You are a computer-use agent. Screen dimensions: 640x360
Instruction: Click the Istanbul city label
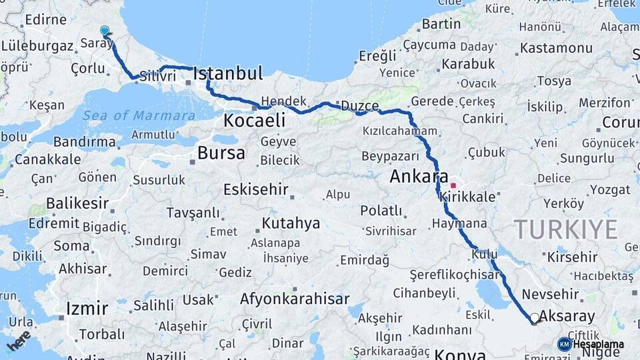tap(228, 73)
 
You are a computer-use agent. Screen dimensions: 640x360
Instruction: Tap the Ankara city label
tap(419, 177)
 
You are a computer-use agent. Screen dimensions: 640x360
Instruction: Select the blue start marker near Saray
tap(105, 31)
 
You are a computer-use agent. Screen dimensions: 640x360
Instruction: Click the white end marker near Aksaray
tap(535, 319)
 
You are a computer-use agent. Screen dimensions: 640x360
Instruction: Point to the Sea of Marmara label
tap(139, 115)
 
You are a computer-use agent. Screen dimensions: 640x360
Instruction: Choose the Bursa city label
tap(221, 153)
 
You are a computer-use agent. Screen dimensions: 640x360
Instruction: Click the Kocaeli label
tap(254, 121)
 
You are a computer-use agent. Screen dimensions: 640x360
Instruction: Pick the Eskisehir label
tap(255, 189)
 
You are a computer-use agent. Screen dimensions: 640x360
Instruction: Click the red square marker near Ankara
tap(453, 185)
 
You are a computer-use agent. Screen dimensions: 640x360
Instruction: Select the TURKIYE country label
tap(565, 229)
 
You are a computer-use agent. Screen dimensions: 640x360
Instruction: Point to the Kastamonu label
tap(556, 48)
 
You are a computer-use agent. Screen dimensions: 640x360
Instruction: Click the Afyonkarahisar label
tap(294, 299)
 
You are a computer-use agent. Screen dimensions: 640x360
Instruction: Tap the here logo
tap(19, 340)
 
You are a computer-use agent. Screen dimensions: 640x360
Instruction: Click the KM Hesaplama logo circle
tap(565, 344)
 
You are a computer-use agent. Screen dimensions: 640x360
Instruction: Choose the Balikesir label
tap(77, 203)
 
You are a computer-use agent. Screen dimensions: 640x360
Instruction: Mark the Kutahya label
tap(291, 223)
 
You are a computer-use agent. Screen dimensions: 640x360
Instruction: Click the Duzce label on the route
tap(360, 106)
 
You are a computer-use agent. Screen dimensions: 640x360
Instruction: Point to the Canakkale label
tap(48, 159)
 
